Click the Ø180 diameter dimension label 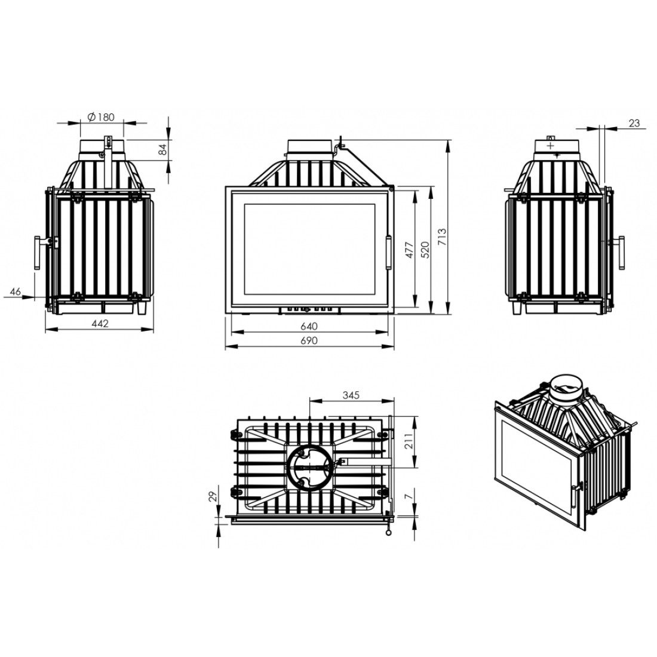click(102, 117)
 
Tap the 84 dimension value click(162, 149)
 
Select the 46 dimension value click(15, 291)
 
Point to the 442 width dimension click(100, 324)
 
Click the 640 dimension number click(309, 326)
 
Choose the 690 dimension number click(309, 340)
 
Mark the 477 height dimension click(409, 250)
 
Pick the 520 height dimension click(425, 250)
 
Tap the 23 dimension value click(634, 123)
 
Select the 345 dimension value click(351, 395)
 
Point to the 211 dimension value click(409, 441)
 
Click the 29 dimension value click(213, 496)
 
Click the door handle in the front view click(388, 252)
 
